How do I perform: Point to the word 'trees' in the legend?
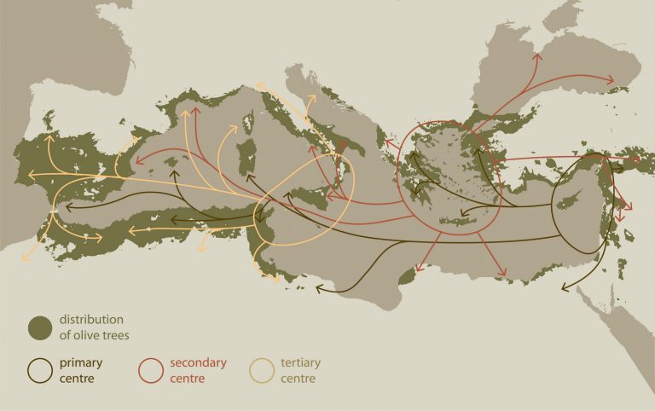pyautogui.click(x=114, y=335)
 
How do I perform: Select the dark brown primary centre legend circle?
pyautogui.click(x=40, y=368)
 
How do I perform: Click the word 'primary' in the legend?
pyautogui.click(x=81, y=362)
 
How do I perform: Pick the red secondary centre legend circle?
pyautogui.click(x=151, y=368)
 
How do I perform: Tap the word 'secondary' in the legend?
pyautogui.click(x=198, y=362)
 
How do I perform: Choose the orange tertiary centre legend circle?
pyautogui.click(x=261, y=368)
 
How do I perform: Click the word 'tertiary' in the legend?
pyautogui.click(x=301, y=362)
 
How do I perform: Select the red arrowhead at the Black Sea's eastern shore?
pyautogui.click(x=612, y=82)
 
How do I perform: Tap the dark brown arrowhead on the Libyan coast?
pyautogui.click(x=319, y=289)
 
